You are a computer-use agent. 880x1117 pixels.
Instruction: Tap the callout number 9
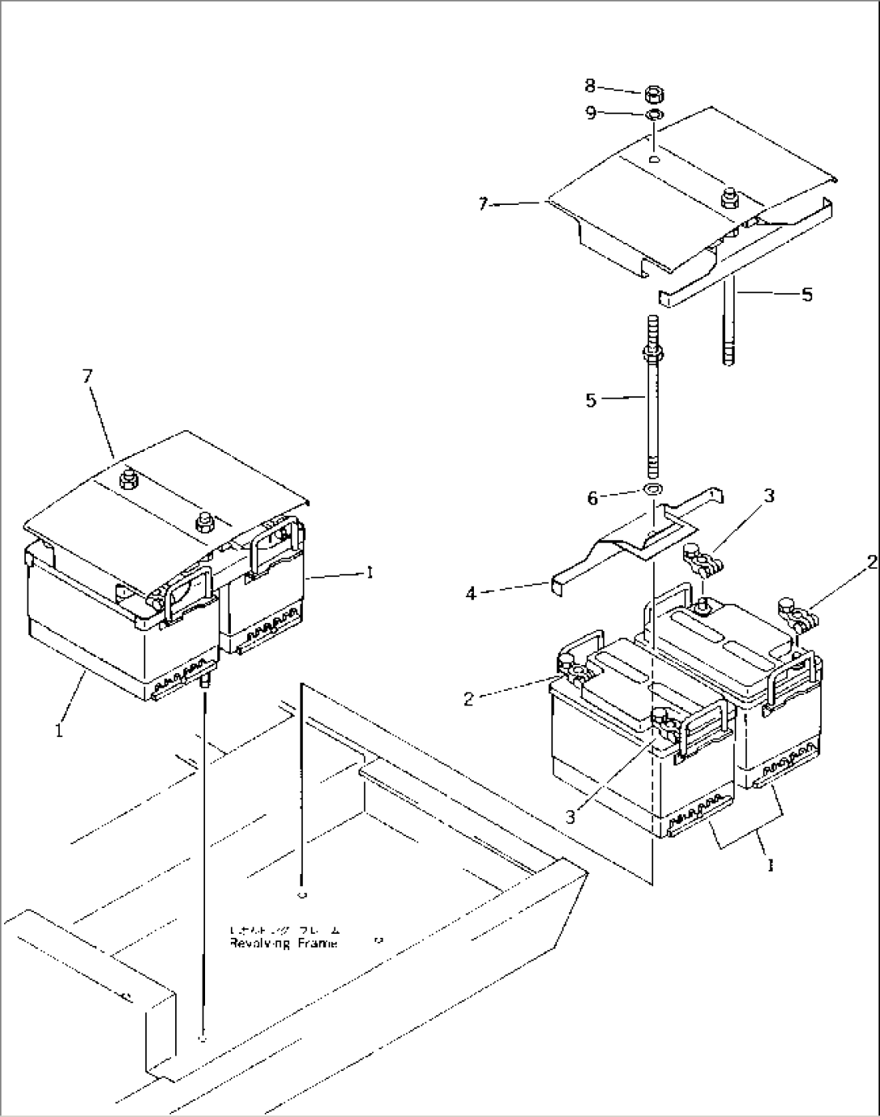[x=591, y=113]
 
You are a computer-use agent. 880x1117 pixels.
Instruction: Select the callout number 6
[x=593, y=499]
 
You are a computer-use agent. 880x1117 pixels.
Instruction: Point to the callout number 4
[x=471, y=593]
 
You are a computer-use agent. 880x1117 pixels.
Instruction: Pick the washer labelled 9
[x=655, y=115]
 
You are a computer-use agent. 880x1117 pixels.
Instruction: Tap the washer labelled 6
[x=653, y=490]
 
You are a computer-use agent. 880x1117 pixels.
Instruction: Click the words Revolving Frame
[x=283, y=943]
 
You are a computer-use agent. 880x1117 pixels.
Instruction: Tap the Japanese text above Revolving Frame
[x=284, y=930]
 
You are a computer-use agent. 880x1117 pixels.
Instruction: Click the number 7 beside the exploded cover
[x=483, y=204]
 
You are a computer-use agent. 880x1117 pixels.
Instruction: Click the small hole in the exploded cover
[x=655, y=159]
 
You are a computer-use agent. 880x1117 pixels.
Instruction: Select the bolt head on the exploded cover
[x=731, y=197]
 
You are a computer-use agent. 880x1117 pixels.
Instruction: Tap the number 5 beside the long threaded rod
[x=591, y=400]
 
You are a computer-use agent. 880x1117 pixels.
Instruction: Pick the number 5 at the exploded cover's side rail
[x=807, y=295]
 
